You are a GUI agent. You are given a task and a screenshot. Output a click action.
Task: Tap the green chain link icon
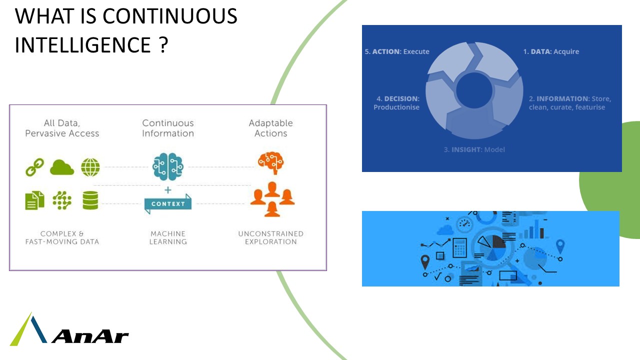click(34, 167)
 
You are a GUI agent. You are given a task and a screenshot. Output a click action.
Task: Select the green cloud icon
click(62, 167)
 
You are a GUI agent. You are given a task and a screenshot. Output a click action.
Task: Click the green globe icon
click(90, 167)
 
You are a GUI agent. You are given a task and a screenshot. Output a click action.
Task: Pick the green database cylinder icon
click(90, 200)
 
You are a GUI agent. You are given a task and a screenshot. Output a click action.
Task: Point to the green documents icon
click(34, 200)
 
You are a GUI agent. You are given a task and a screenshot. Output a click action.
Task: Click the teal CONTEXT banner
click(168, 203)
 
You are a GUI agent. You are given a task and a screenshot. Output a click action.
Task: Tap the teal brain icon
click(168, 166)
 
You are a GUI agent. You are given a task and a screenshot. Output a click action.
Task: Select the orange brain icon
click(270, 162)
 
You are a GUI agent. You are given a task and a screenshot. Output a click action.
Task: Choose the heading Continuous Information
click(168, 128)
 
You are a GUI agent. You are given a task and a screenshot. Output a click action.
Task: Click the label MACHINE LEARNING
click(168, 237)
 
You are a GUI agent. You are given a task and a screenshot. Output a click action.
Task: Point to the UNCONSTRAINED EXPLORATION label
click(270, 237)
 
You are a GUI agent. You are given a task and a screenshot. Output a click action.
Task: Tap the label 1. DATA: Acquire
click(551, 51)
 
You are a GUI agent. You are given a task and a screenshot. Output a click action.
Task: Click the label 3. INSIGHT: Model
click(474, 149)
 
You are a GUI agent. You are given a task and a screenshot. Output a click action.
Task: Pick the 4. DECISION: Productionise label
click(396, 103)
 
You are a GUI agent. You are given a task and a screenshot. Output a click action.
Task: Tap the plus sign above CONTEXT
click(168, 190)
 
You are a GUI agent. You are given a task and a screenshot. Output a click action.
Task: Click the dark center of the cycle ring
click(474, 91)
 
